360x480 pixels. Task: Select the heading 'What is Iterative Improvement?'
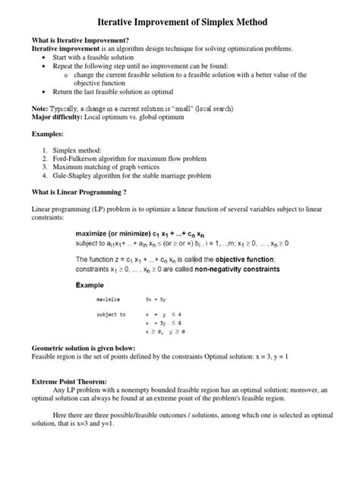pyautogui.click(x=78, y=39)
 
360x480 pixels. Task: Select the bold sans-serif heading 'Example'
pyautogui.click(x=93, y=286)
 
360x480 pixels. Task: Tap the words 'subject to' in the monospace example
pyautogui.click(x=112, y=314)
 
